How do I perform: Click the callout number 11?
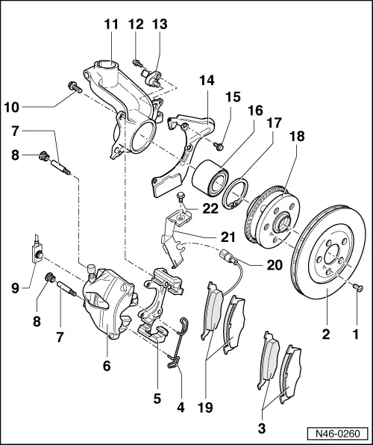tap(111, 25)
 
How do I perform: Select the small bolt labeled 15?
tap(218, 143)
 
